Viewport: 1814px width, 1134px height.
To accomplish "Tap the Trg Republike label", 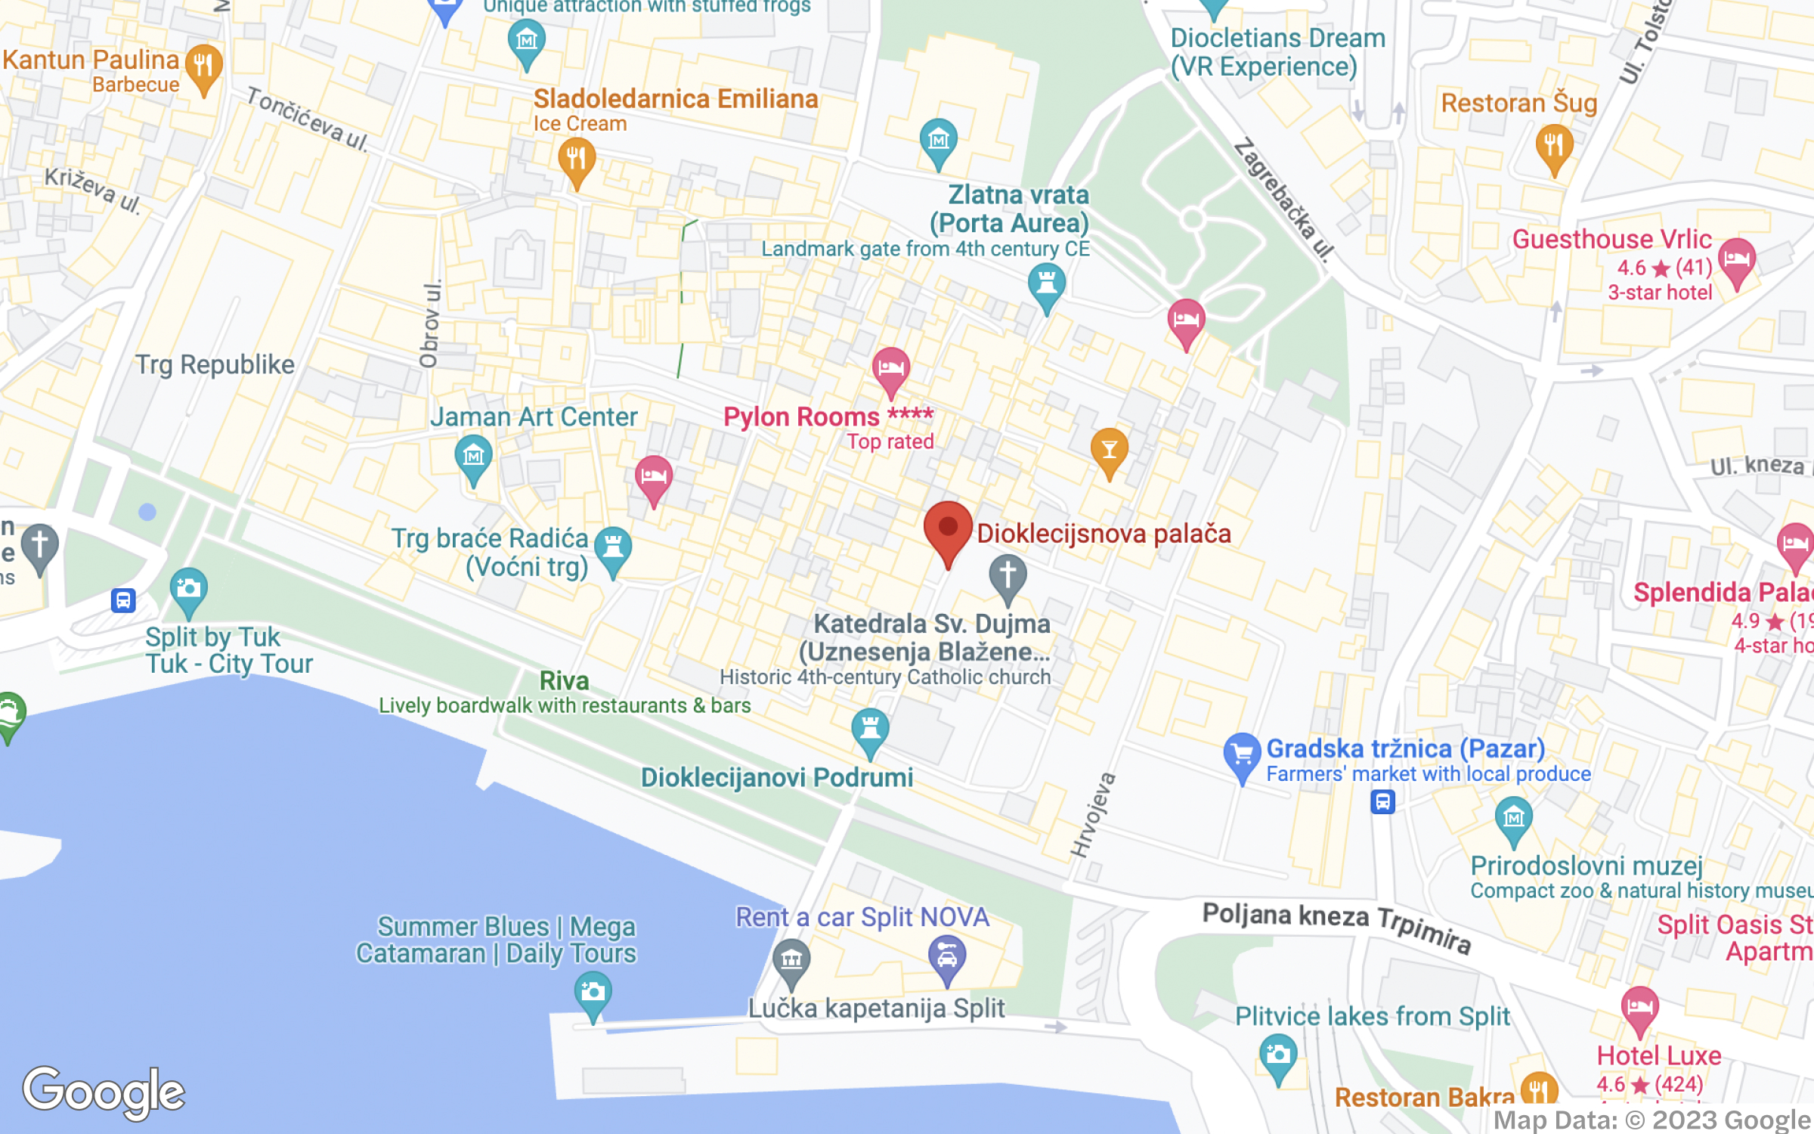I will coord(215,365).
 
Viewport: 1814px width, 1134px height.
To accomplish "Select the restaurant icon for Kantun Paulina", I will coord(203,67).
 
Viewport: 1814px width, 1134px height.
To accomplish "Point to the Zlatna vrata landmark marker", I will coord(1046,285).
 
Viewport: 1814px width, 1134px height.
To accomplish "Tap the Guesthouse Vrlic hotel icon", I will coord(1736,259).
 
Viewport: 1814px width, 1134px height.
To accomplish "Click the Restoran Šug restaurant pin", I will coord(1554,146).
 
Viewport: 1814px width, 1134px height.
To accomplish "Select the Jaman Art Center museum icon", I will coord(474,456).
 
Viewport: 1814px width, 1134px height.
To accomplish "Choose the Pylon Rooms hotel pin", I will coord(890,369).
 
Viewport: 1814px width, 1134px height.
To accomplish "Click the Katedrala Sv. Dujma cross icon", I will coord(1008,576).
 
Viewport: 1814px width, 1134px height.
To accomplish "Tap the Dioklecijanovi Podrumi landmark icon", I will coord(870,730).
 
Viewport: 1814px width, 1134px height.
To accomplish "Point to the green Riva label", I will coord(564,681).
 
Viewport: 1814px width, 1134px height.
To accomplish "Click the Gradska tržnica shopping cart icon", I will coord(1242,754).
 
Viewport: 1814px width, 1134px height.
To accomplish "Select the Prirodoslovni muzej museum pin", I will coord(1513,818).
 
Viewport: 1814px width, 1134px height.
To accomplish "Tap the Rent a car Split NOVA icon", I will coord(946,956).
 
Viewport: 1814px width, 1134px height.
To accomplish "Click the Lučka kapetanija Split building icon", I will coord(791,959).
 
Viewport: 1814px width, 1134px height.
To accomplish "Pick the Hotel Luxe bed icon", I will coord(1639,1008).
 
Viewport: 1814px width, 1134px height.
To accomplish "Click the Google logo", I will coord(104,1092).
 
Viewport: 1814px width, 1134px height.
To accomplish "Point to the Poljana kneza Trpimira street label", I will coord(1336,926).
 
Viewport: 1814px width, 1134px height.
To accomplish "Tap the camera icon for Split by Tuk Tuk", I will coord(188,589).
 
